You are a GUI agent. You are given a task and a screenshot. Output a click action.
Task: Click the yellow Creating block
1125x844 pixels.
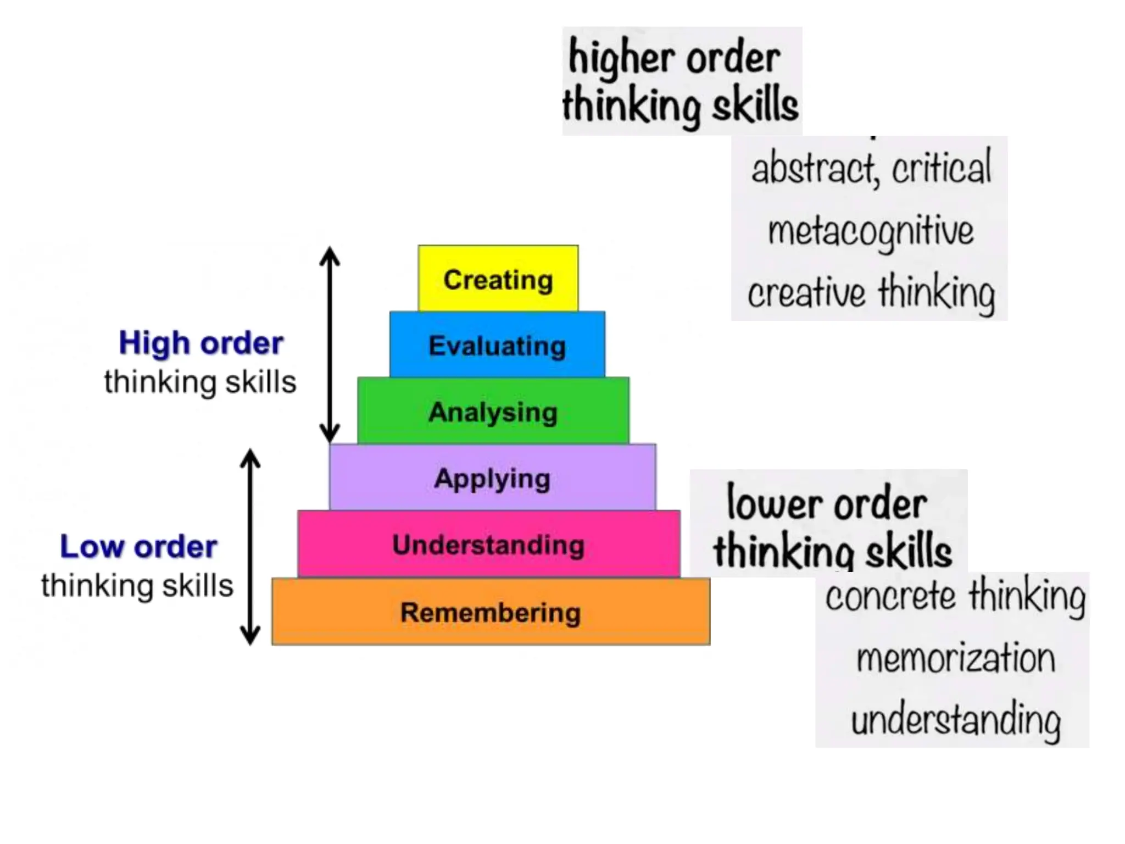tap(498, 279)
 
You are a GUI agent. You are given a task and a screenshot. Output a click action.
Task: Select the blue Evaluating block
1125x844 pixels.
tap(497, 345)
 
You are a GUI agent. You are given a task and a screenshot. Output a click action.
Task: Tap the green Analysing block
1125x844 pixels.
tap(493, 411)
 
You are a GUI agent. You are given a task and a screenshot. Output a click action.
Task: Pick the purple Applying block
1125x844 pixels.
tap(492, 477)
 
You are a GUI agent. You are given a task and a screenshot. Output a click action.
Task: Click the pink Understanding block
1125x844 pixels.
tap(488, 544)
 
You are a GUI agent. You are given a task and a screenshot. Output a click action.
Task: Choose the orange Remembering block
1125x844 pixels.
tap(491, 612)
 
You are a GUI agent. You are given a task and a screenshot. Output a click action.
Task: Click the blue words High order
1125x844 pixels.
tap(201, 343)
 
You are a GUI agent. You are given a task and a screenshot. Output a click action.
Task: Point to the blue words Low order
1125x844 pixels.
tap(138, 547)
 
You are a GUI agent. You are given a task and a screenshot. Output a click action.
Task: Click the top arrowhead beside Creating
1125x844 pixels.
tap(330, 255)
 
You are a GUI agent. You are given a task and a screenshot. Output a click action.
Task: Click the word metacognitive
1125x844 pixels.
tap(871, 231)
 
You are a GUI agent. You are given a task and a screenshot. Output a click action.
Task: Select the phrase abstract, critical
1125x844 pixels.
tap(871, 168)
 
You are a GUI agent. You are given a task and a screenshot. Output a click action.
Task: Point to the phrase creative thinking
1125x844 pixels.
tap(871, 292)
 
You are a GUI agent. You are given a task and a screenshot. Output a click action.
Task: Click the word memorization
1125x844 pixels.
tap(956, 658)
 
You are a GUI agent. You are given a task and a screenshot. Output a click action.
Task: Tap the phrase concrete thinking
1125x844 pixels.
tap(956, 596)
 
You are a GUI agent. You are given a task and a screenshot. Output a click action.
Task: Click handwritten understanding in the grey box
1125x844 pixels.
tap(956, 720)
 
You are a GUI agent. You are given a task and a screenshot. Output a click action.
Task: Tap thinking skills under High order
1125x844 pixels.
tap(200, 382)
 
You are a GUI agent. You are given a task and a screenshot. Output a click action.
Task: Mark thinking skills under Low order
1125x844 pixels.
tap(137, 586)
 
